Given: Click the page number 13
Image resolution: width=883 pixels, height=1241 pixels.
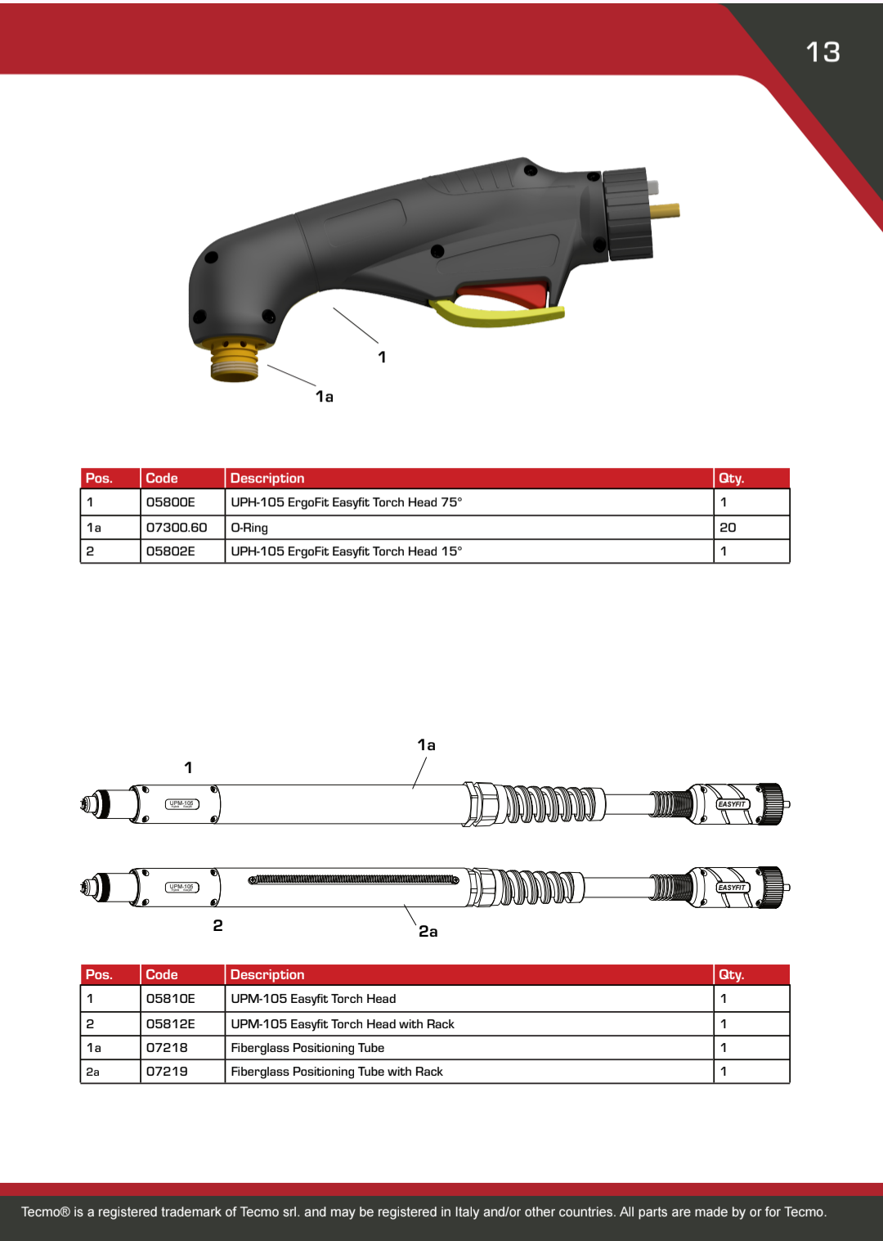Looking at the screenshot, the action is tap(822, 52).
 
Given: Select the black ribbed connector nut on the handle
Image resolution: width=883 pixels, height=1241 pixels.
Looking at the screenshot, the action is tap(629, 214).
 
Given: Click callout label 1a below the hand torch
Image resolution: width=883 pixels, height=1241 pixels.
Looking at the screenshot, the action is tap(325, 397).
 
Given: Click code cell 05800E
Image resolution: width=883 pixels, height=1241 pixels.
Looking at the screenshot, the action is tap(171, 502).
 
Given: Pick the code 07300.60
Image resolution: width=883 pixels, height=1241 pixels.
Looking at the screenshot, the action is tap(177, 528).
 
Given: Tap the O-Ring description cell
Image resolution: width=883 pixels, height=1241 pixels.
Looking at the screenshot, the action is tap(249, 528).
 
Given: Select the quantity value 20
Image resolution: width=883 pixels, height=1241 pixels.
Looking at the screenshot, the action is tap(728, 528).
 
